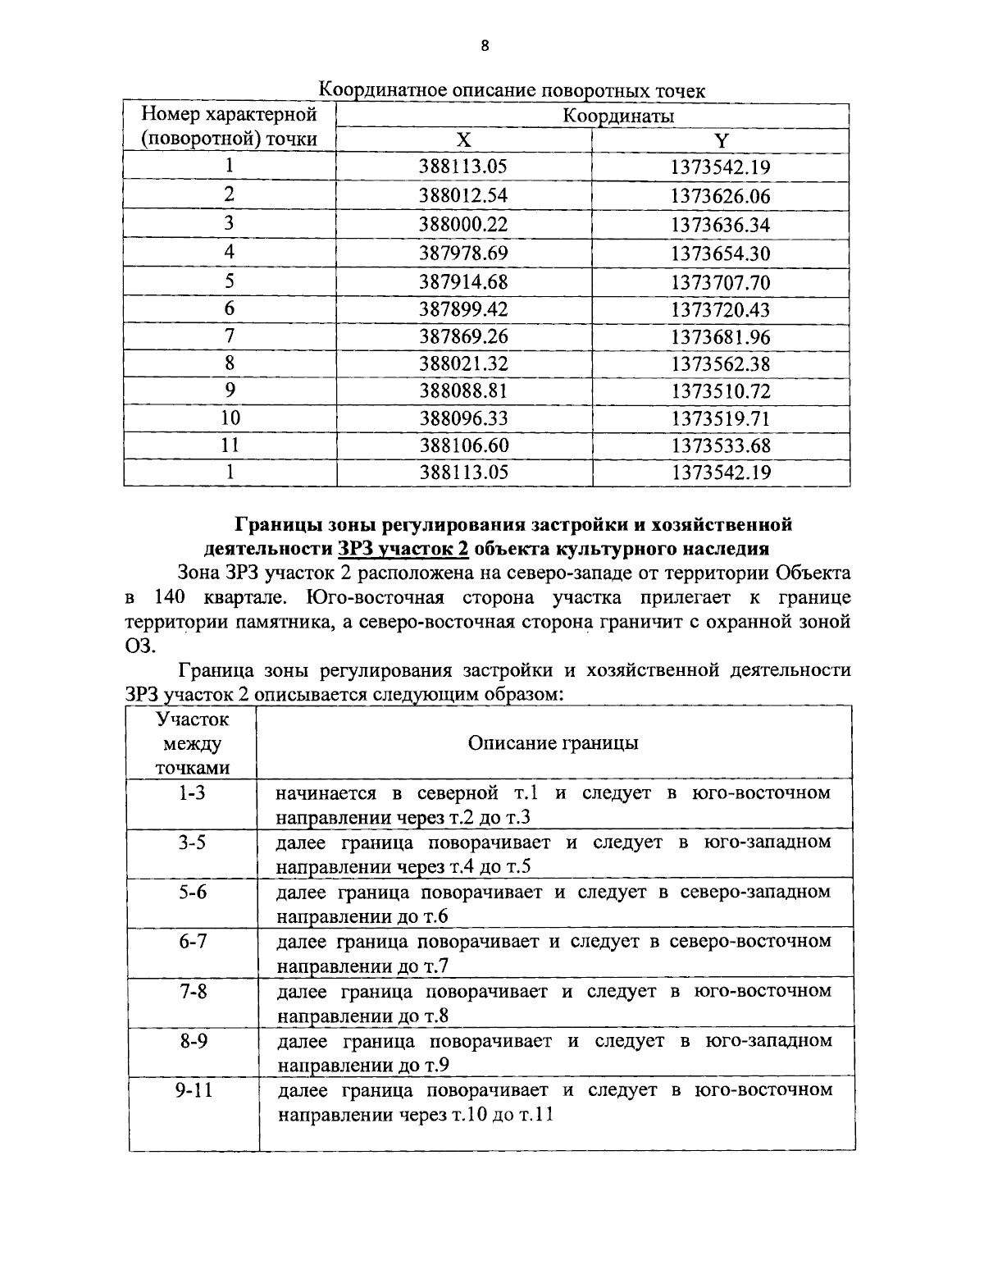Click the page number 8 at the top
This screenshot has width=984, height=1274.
point(485,47)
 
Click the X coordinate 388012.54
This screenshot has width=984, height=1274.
point(463,195)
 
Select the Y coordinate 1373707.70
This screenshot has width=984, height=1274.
point(720,282)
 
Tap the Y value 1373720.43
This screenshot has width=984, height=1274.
point(720,309)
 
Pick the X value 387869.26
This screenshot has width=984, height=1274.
point(463,336)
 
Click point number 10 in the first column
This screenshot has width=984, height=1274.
point(230,418)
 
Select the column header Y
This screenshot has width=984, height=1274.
point(721,140)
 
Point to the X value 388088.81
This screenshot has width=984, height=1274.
point(463,390)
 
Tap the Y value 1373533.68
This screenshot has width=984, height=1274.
point(720,445)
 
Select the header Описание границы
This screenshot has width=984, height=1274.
point(553,743)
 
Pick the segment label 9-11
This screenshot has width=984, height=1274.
point(193,1090)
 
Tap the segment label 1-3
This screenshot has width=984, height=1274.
point(193,793)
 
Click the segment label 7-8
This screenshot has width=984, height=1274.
point(193,991)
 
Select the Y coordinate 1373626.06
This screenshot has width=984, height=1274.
point(720,195)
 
